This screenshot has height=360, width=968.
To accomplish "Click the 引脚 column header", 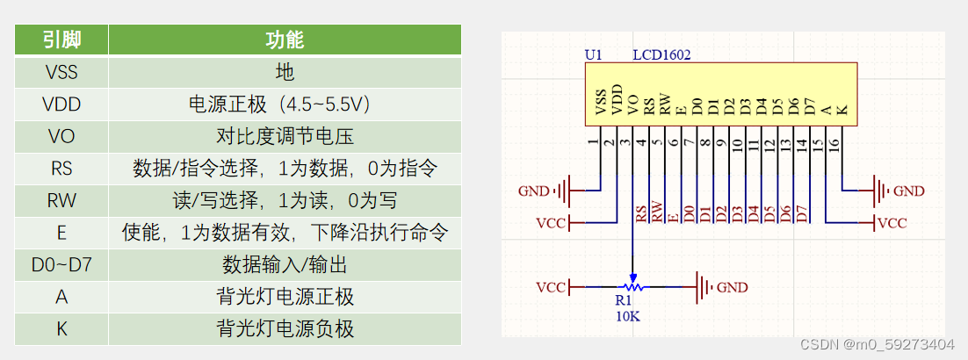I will click(61, 40).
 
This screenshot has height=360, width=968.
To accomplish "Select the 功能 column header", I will click(285, 40).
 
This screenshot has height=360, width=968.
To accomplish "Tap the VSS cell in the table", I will click(61, 72).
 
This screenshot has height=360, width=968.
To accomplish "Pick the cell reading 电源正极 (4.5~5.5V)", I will click(285, 104).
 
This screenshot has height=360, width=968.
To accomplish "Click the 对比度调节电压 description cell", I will click(285, 137).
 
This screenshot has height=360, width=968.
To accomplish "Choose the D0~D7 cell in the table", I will click(61, 264).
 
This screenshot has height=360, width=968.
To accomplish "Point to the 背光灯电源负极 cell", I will click(285, 328).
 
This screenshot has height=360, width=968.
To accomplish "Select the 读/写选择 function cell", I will click(285, 200).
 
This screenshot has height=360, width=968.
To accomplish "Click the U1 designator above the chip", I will click(594, 54).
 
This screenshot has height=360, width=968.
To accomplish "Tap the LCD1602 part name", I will click(661, 54).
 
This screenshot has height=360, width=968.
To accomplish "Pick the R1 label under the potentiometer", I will click(623, 301).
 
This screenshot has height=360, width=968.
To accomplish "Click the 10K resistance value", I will click(627, 316).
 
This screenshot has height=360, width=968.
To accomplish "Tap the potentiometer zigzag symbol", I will click(631, 287).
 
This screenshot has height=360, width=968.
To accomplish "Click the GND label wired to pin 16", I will click(908, 191).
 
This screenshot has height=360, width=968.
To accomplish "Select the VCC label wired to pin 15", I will click(892, 223).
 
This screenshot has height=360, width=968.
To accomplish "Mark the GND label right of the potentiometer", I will click(733, 287).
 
